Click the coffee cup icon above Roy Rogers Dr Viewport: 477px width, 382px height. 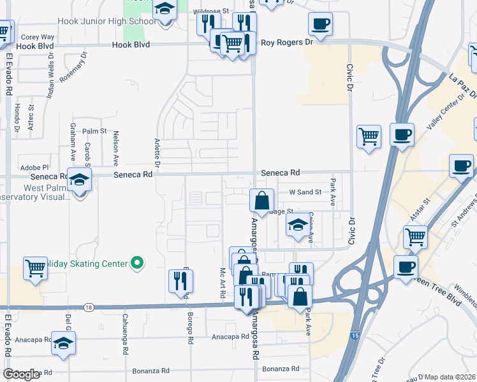[320, 25]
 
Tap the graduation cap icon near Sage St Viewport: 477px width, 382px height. [297, 226]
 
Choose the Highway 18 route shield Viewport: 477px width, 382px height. [88, 308]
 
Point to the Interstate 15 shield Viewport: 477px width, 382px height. [353, 333]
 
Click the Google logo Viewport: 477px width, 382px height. [22, 374]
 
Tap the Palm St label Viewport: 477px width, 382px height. [94, 131]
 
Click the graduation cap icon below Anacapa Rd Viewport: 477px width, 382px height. [63, 344]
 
